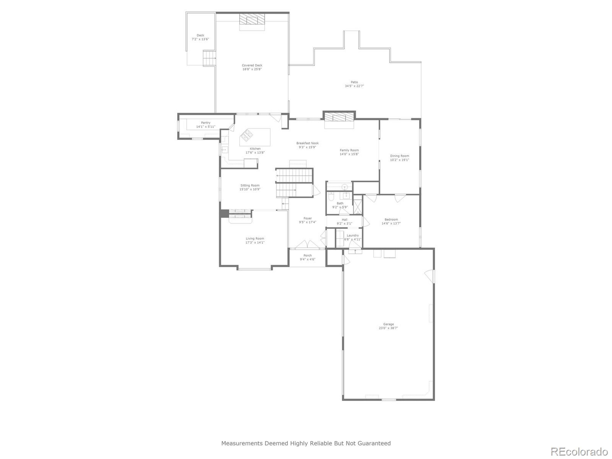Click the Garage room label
click(x=388, y=324)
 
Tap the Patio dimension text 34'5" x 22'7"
click(x=354, y=86)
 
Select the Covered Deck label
click(x=252, y=65)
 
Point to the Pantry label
click(x=206, y=123)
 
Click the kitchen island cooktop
click(x=246, y=135)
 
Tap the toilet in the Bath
click(x=330, y=197)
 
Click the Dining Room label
click(x=399, y=156)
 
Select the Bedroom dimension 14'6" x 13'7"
click(x=391, y=223)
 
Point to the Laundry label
click(x=353, y=235)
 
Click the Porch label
click(x=307, y=256)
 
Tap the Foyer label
click(x=307, y=218)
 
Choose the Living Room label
click(x=255, y=239)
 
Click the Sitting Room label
click(x=250, y=185)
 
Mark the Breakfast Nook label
click(x=307, y=143)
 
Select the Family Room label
click(x=349, y=150)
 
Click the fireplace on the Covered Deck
click(x=252, y=20)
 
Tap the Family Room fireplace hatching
click(x=339, y=117)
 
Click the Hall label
click(x=344, y=220)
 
